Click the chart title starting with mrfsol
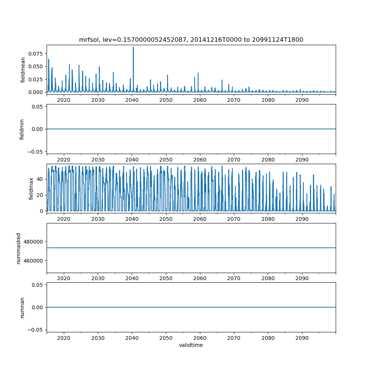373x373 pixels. (x=191, y=40)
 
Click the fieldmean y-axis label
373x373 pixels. (x=23, y=70)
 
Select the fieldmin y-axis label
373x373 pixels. (x=22, y=129)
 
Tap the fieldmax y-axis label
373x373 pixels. (x=31, y=188)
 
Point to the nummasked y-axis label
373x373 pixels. (x=19, y=248)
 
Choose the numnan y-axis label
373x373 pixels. (x=22, y=307)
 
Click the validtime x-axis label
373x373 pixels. (x=191, y=345)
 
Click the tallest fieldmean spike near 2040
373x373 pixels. (x=133, y=47)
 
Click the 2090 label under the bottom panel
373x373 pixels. (x=302, y=338)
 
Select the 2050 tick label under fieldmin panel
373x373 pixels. (x=166, y=160)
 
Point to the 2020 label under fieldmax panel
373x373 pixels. (x=64, y=219)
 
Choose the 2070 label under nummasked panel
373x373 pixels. (x=234, y=279)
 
